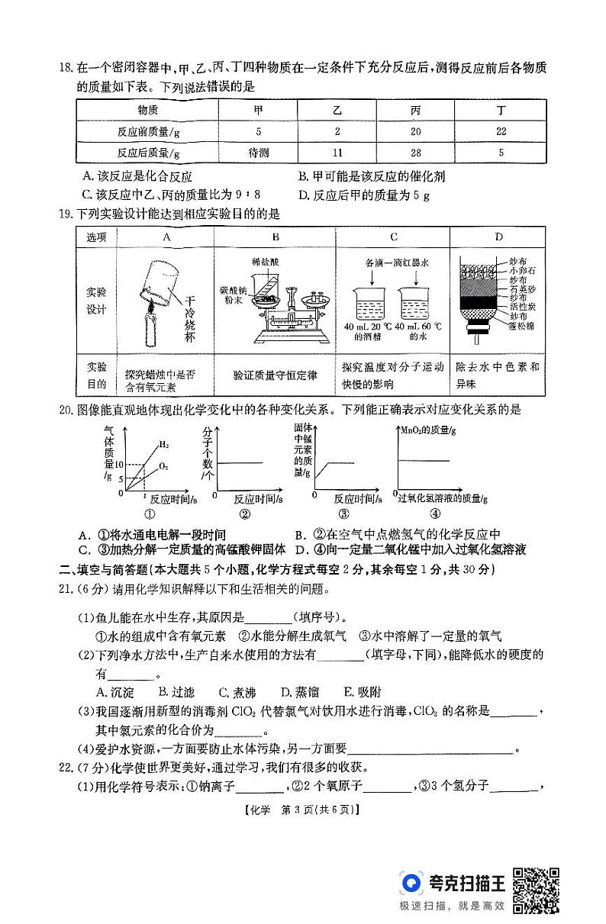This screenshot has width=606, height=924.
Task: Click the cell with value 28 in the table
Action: click(x=415, y=153)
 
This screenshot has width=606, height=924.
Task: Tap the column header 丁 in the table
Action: click(x=501, y=110)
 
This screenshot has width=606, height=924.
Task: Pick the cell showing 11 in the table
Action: click(x=337, y=153)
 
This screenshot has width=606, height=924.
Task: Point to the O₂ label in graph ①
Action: click(x=163, y=465)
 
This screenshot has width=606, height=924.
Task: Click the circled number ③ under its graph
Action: click(x=343, y=514)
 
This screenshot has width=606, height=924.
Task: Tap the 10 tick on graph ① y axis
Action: click(x=120, y=464)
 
